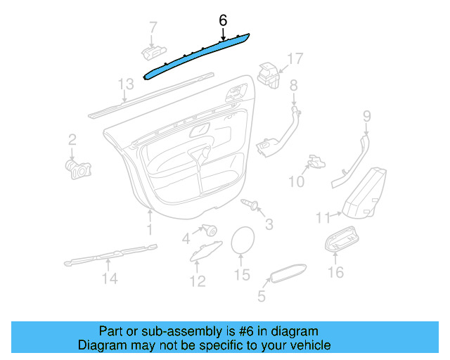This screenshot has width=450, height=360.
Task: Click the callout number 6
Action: (223, 20)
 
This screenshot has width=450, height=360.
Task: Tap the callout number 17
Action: (296, 58)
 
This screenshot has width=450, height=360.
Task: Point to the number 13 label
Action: (125, 85)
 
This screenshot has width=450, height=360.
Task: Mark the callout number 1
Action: (149, 229)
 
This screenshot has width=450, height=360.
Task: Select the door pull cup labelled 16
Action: (343, 242)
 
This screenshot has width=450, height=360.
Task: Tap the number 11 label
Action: (322, 219)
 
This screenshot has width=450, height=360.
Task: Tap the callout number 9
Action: (366, 115)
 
